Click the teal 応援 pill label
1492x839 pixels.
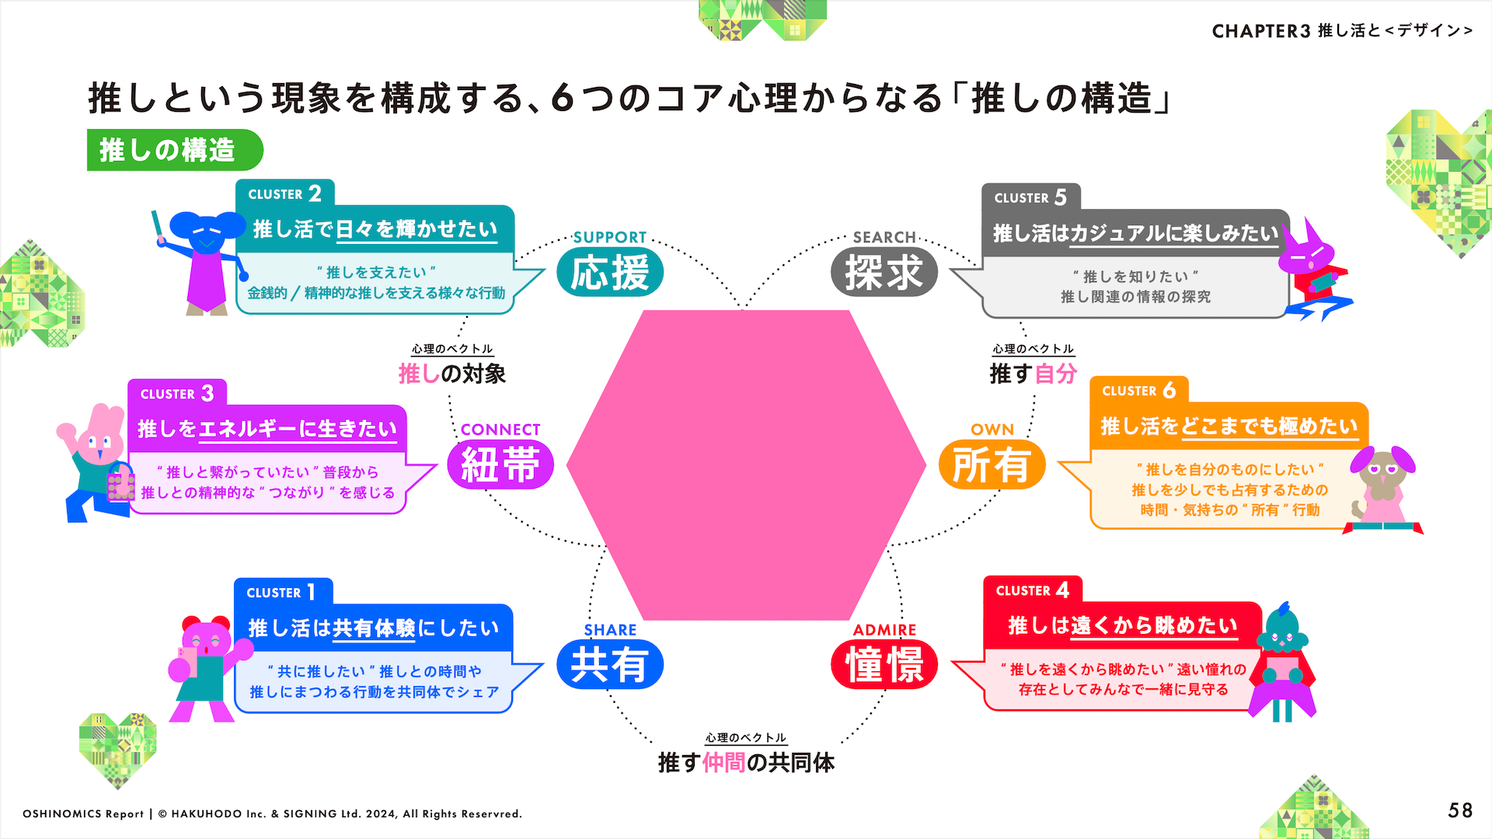[610, 273]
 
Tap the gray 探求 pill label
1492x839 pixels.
[884, 273]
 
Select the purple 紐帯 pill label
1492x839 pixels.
[500, 465]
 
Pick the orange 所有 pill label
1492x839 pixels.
[992, 465]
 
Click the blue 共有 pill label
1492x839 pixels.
[610, 665]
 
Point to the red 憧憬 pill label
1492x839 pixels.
[884, 665]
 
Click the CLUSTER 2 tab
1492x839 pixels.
[284, 193]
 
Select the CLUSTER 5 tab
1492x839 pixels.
[1030, 197]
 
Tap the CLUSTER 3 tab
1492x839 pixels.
[177, 393]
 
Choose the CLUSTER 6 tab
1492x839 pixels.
[1138, 390]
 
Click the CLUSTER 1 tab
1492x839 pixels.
[283, 592]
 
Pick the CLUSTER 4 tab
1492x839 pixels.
[1032, 590]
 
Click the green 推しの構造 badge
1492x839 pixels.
[174, 150]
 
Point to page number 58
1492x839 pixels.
[1460, 811]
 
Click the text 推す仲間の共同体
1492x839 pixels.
[746, 763]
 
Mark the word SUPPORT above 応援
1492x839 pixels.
[610, 237]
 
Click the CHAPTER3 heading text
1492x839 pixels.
[1341, 31]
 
